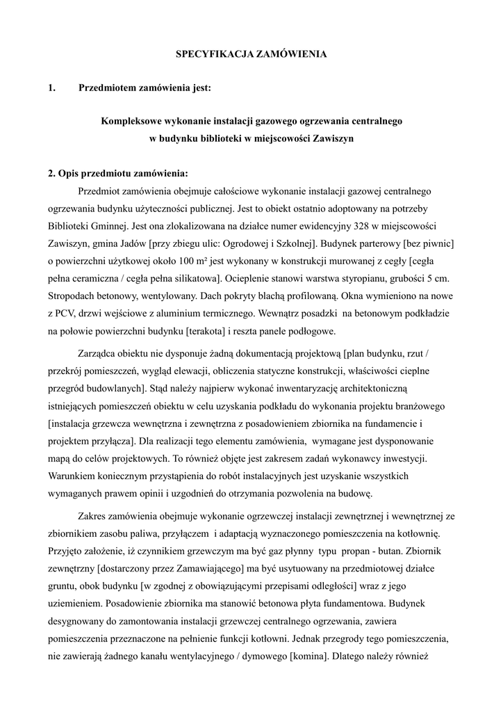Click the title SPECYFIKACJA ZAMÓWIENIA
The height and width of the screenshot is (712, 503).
pos(251,53)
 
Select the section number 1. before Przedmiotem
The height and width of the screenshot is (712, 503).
pos(52,88)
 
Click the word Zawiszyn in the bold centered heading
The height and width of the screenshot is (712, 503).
pos(331,138)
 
